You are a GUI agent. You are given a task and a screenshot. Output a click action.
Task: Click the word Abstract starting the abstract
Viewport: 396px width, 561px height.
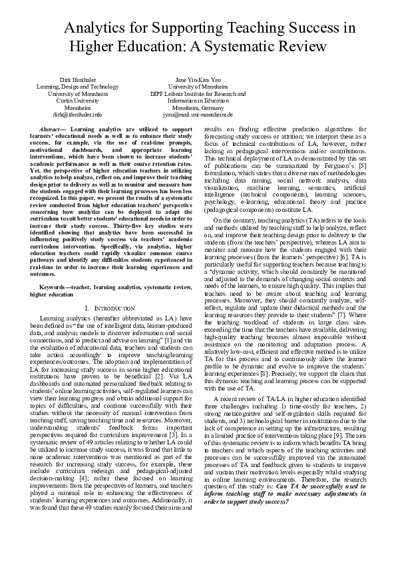[52, 127]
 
